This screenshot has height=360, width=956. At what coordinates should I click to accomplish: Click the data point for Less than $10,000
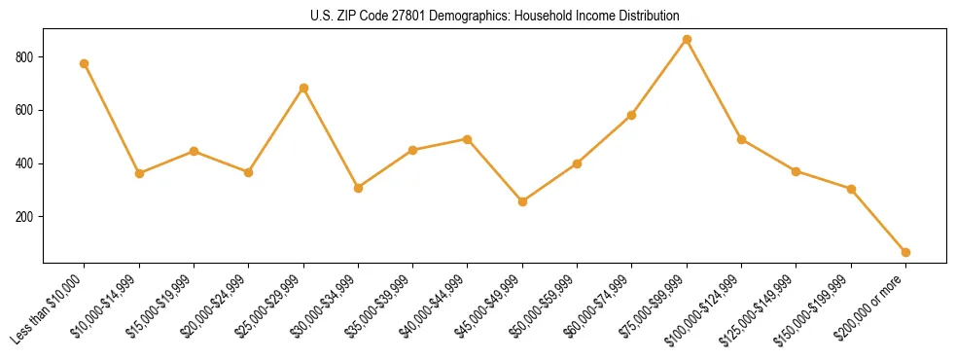pyautogui.click(x=85, y=64)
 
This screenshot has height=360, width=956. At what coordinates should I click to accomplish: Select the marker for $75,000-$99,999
pyautogui.click(x=688, y=40)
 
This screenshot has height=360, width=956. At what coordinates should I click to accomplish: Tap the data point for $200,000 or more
pyautogui.click(x=906, y=253)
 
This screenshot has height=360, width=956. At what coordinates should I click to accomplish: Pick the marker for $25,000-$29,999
pyautogui.click(x=304, y=89)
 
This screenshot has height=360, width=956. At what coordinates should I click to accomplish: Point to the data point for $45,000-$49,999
pyautogui.click(x=523, y=201)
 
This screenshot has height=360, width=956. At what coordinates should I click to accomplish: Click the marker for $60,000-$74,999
pyautogui.click(x=632, y=115)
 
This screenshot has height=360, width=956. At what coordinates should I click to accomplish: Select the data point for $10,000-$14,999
pyautogui.click(x=139, y=173)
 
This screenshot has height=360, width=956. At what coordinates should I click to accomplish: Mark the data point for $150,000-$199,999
pyautogui.click(x=852, y=189)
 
